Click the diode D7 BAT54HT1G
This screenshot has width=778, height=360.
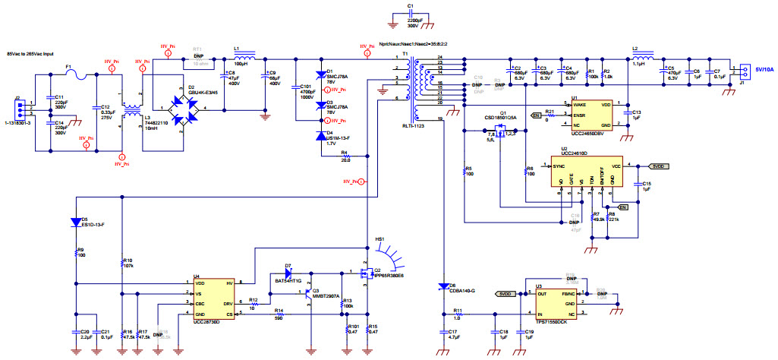point(288,273)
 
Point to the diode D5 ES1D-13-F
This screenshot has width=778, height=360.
point(76,223)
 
